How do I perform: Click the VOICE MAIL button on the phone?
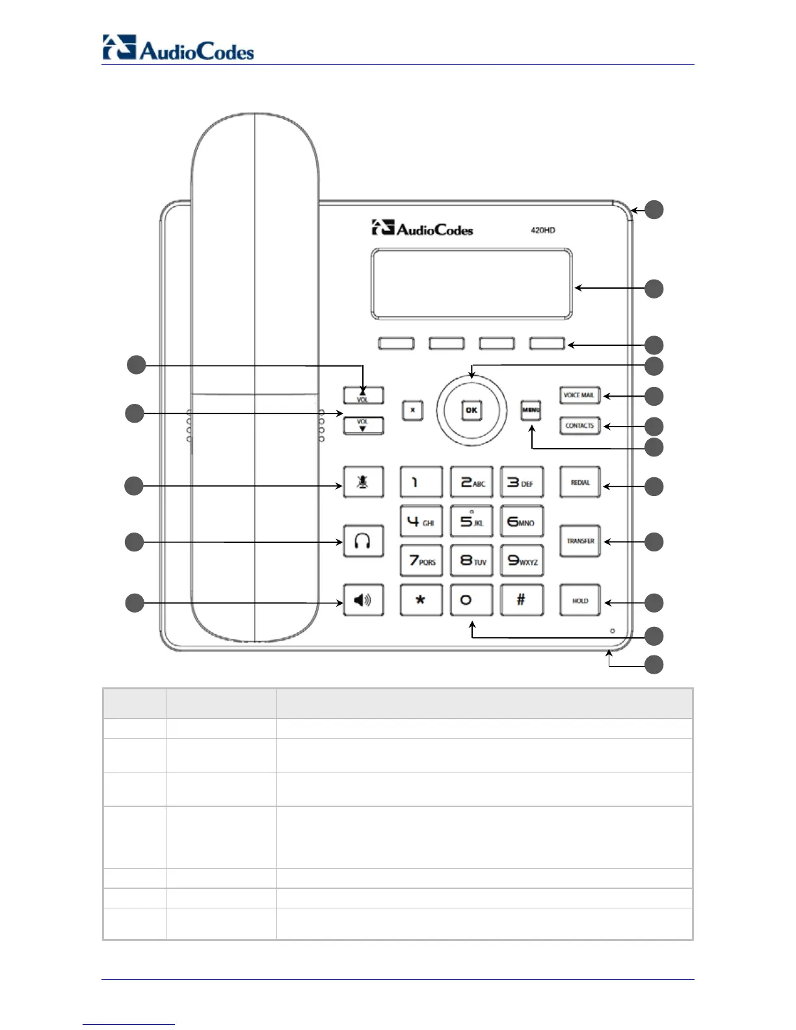[579, 395]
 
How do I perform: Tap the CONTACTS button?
[579, 426]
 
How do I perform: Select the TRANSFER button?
[580, 541]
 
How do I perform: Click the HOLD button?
[580, 600]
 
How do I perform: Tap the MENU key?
[531, 410]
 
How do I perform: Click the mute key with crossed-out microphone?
[363, 482]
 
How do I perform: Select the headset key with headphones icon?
[363, 541]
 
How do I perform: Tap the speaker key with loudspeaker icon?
[363, 600]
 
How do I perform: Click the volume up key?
[363, 395]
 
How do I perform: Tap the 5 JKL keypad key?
[471, 522]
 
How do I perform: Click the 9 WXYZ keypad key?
[522, 561]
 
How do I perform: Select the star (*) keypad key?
[421, 600]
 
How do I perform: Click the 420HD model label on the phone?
[543, 230]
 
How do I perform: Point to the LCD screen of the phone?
[471, 284]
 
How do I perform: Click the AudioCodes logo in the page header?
[178, 49]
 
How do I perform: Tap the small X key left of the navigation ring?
[412, 410]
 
